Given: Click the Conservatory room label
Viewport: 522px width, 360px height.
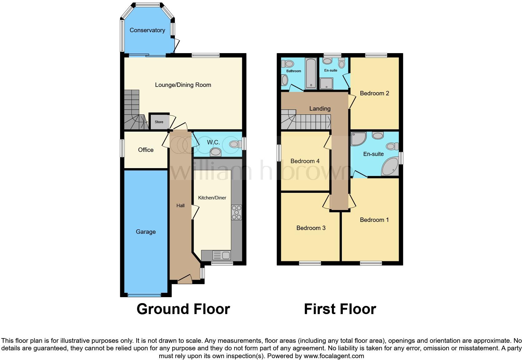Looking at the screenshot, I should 147,30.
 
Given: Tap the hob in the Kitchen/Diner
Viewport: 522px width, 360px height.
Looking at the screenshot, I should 236,212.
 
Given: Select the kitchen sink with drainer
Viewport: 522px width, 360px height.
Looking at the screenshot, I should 221,256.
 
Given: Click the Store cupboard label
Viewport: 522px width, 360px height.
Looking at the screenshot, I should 159,122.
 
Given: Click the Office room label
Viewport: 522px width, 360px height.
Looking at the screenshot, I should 146,150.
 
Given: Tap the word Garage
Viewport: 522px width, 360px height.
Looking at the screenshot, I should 146,232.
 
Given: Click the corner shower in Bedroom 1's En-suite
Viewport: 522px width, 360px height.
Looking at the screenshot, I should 358,139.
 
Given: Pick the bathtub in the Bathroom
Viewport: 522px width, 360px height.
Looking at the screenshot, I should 311,73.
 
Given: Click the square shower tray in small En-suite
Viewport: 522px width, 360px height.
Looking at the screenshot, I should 327,83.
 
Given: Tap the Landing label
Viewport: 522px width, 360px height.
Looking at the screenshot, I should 320,108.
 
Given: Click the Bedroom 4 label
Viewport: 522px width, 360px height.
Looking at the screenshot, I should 305,161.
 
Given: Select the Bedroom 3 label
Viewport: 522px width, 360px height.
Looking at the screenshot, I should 311,228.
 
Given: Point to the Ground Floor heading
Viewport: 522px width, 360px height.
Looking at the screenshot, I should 183,309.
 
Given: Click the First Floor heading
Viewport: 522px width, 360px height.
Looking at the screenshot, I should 340,309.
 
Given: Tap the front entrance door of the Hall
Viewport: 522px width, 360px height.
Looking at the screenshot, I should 185,279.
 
